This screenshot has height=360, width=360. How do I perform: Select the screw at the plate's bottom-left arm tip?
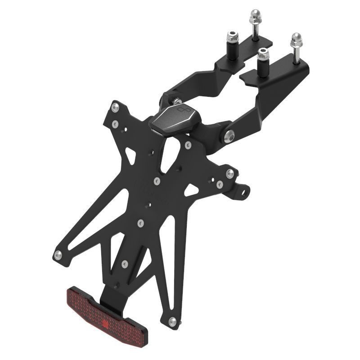tap(58, 255)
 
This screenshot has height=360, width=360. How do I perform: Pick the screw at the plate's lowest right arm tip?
tap(172, 322)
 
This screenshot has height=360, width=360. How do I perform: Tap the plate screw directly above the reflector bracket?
tap(125, 263)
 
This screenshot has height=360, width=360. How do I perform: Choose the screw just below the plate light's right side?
tap(188, 145)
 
